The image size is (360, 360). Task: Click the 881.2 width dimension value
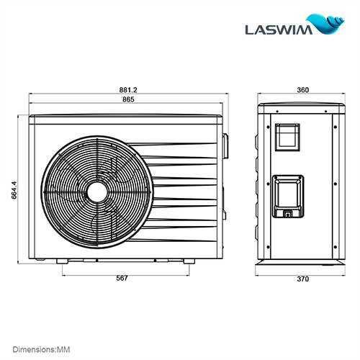(x=128, y=90)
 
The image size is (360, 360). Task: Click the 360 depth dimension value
(x=302, y=90)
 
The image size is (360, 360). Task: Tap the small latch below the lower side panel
(x=287, y=214)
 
